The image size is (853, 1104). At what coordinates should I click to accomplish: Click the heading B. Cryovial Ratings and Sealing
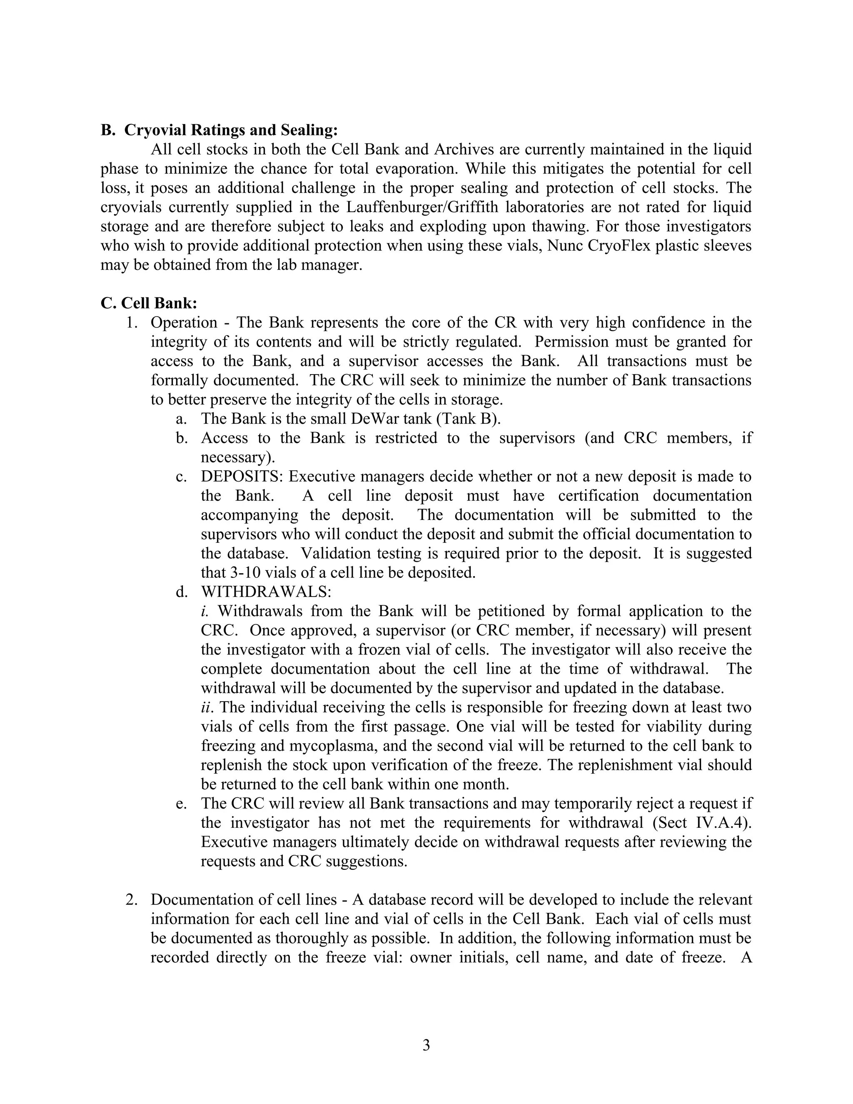pos(219,130)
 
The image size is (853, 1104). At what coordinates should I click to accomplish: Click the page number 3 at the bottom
pos(426,1045)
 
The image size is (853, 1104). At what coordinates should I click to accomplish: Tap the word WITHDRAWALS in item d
pos(265,592)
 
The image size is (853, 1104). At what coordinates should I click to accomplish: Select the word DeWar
pos(375,419)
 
